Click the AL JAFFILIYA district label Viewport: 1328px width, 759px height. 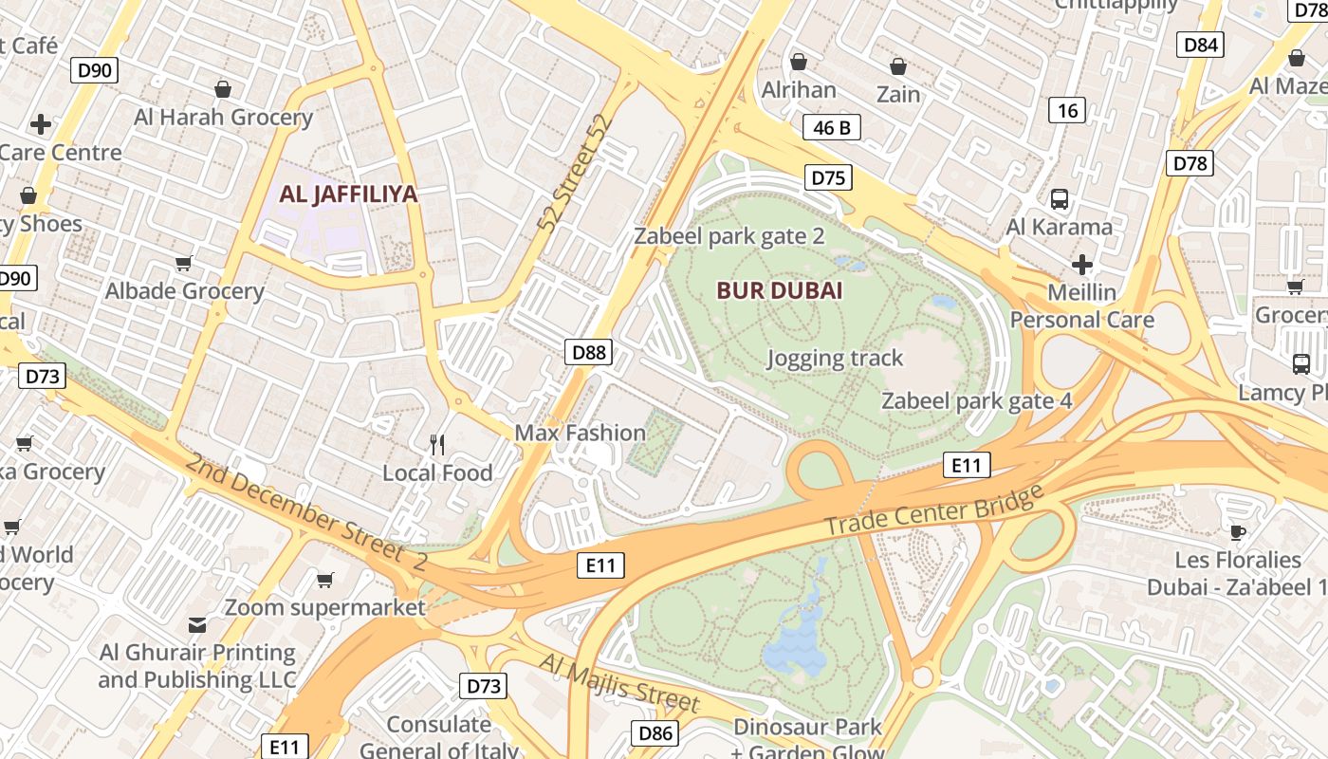(348, 194)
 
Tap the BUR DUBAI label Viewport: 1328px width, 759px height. (780, 290)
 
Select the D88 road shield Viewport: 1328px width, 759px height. (588, 353)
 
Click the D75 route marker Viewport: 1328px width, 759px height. (828, 177)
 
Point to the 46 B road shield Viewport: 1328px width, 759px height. (832, 127)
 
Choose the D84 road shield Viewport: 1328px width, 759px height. (1201, 45)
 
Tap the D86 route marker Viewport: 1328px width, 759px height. (655, 732)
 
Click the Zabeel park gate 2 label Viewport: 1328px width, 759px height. (729, 236)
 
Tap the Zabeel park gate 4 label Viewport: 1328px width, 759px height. (977, 401)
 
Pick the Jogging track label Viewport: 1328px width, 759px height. (835, 359)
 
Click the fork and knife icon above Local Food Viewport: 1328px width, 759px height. (437, 444)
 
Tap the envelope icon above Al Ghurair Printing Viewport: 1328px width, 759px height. (197, 624)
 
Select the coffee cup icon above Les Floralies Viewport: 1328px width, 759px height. (1237, 531)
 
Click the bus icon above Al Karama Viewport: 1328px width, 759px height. (1060, 199)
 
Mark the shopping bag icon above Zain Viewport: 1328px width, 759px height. (897, 66)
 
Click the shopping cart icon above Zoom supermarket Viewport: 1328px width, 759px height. (325, 579)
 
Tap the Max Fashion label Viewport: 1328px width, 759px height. (580, 434)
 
